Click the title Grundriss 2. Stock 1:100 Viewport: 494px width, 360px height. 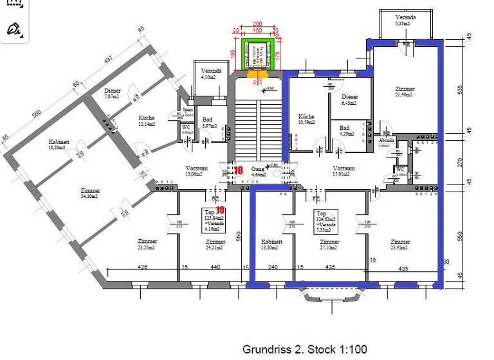pos(304,350)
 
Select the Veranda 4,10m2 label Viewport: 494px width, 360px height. pos(212,74)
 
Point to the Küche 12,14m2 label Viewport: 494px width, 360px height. pos(147,121)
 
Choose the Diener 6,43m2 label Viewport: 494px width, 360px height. pos(350,99)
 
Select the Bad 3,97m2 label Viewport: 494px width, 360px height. pos(208,122)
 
